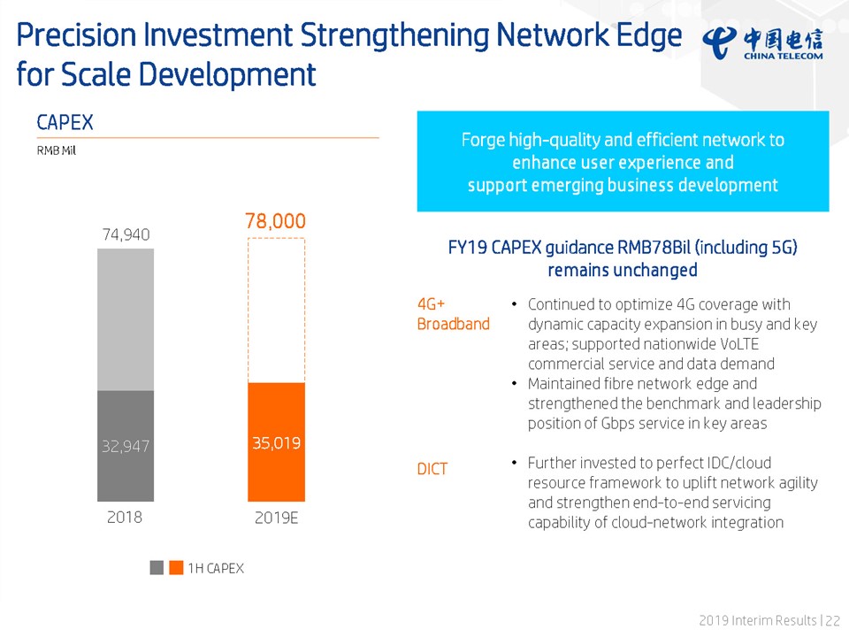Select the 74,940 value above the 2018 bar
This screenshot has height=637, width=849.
[125, 234]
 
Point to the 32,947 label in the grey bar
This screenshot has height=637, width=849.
[125, 447]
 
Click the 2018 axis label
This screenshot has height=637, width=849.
[125, 517]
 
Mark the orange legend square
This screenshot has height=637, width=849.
[176, 568]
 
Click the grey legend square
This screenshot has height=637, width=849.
[157, 568]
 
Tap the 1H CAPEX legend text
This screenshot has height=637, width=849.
[215, 568]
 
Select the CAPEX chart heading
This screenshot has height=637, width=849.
[65, 122]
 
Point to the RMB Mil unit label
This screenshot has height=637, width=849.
[56, 150]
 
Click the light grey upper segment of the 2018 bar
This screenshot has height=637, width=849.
[125, 319]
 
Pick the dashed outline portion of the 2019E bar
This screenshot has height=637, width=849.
[277, 310]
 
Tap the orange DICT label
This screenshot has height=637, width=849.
[432, 469]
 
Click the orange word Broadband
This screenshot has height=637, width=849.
[453, 324]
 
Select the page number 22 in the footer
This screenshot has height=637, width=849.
[833, 622]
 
